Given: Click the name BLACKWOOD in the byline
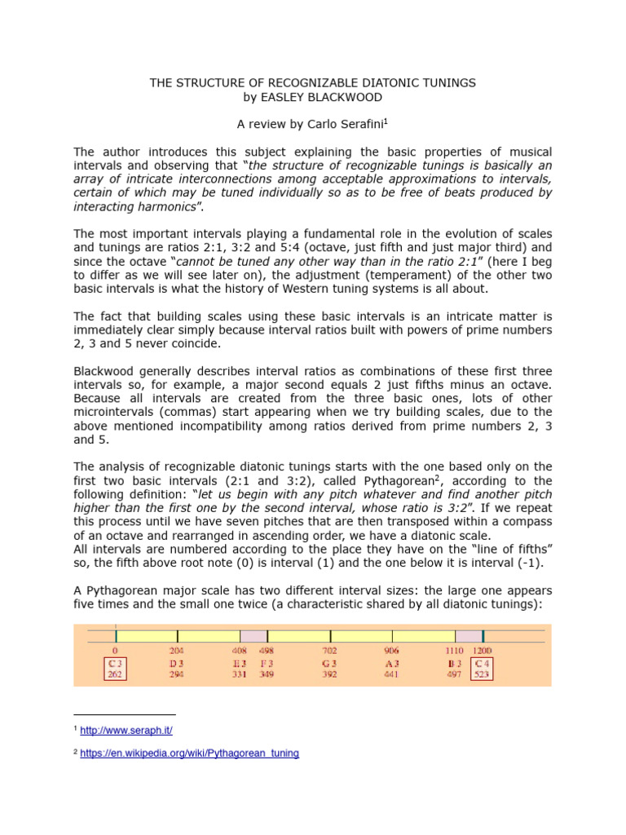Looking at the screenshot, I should coord(346,96).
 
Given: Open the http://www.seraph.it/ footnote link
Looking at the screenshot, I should coord(126,730).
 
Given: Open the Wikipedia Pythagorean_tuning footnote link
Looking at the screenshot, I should coord(189,754).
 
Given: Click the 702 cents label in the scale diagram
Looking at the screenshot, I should coord(329,651).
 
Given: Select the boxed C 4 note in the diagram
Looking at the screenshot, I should coord(482,669).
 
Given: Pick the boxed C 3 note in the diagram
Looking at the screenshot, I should coord(115,669).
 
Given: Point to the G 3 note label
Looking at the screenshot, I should coord(329,664).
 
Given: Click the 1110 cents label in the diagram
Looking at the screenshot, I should coord(455,651).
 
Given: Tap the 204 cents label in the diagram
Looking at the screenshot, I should coord(177,651).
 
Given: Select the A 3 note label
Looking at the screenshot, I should coord(392,664).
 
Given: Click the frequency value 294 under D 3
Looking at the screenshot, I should coord(177,675).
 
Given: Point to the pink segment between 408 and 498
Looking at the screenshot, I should coord(253,635).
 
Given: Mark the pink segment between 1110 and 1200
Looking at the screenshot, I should coord(469,635).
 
